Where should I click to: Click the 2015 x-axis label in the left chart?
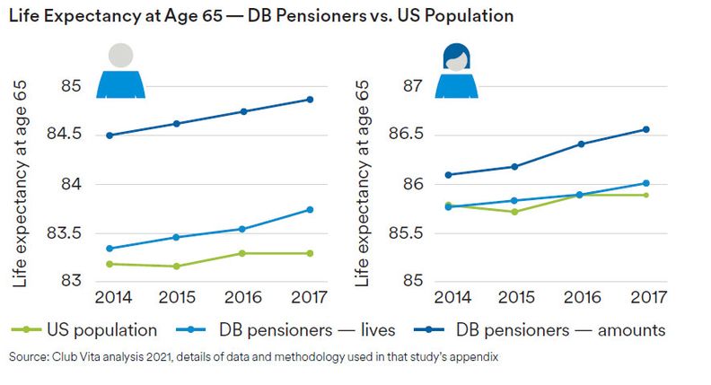pyautogui.click(x=177, y=297)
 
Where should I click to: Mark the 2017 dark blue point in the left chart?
pyautogui.click(x=310, y=100)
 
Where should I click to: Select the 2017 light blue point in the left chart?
pyautogui.click(x=310, y=210)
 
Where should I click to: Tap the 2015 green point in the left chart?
pyautogui.click(x=177, y=267)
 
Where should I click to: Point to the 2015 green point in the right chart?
pyautogui.click(x=514, y=212)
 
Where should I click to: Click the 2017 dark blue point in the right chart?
pyautogui.click(x=645, y=129)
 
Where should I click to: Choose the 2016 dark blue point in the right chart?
pyautogui.click(x=580, y=144)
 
